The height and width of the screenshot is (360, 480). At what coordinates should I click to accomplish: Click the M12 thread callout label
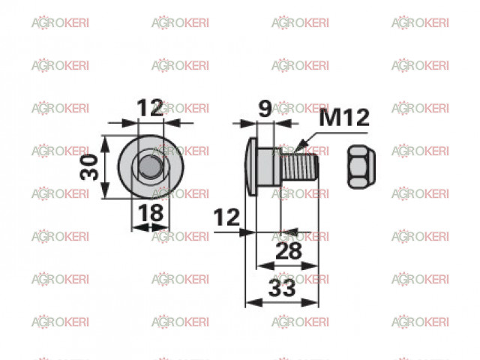coord(344,118)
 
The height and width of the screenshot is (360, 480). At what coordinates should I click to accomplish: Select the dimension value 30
coord(89,166)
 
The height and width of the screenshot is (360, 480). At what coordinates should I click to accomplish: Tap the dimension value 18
coord(151,213)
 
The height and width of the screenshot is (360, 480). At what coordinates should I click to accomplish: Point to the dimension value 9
coord(265,109)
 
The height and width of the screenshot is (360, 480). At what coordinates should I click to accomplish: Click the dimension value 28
coord(289,251)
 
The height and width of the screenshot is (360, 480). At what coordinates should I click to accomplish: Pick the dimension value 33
coord(282,288)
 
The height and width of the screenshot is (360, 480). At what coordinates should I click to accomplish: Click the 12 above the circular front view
coord(150,108)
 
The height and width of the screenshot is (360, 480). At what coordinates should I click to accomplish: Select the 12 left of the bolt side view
coord(226,217)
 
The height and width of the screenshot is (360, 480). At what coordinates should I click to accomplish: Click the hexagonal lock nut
coord(361,166)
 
